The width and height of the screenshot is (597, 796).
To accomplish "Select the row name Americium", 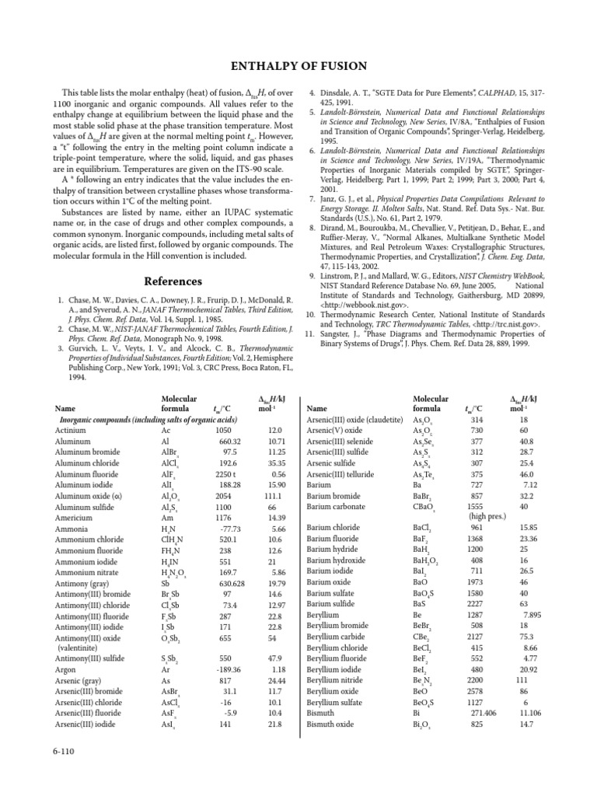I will pyautogui.click(x=75, y=517).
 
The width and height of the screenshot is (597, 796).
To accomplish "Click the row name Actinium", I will pyautogui.click(x=72, y=430).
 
